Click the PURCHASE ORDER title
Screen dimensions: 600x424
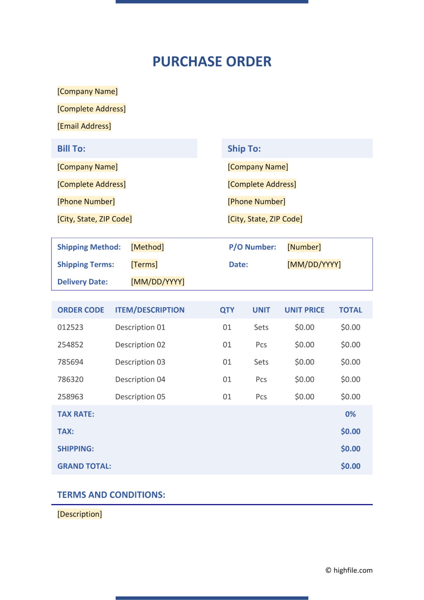[x=212, y=62]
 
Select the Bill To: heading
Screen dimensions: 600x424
[x=71, y=149]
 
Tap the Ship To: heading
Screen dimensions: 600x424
[x=244, y=149]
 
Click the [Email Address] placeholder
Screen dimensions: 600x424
[x=84, y=126]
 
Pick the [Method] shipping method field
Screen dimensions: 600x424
[x=147, y=247]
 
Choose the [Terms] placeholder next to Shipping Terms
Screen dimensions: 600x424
[x=144, y=264]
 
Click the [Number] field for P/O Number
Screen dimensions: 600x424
[x=304, y=247]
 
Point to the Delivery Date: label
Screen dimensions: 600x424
[x=82, y=282]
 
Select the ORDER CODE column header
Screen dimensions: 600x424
[x=81, y=310]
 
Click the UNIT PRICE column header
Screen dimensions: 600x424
[x=304, y=310]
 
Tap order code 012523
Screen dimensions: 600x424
[x=70, y=327]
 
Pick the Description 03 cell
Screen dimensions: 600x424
[x=140, y=362]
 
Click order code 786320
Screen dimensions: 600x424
[x=70, y=379]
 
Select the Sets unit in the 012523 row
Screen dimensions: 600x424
[x=261, y=327]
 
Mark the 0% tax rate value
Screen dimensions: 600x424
[x=350, y=414]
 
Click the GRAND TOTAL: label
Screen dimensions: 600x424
[x=84, y=466]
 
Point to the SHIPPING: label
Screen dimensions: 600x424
[x=76, y=449]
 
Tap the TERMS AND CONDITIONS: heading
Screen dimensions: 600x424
[x=111, y=495]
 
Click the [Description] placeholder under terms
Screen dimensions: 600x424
[x=79, y=514]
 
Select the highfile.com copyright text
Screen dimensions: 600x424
[x=349, y=570]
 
